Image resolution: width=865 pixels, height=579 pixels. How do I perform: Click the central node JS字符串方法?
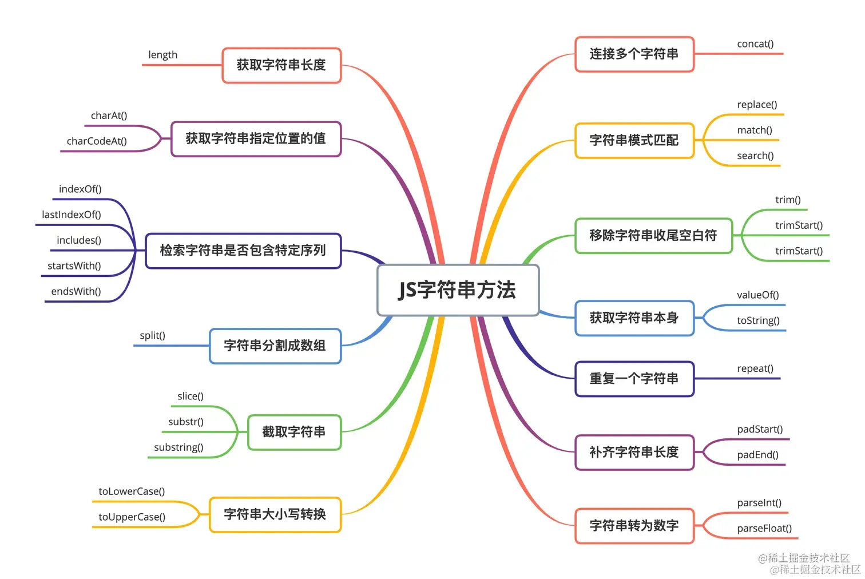[x=458, y=290]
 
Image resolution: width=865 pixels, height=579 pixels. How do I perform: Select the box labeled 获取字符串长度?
[x=281, y=65]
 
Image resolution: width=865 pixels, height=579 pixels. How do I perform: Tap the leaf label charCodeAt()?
[x=97, y=141]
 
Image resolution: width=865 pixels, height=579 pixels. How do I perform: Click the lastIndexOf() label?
[x=72, y=215]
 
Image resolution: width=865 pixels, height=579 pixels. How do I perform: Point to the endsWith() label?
[x=76, y=291]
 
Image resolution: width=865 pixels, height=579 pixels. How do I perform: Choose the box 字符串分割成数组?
[x=275, y=346]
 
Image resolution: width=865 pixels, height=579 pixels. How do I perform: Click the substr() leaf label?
[x=186, y=422]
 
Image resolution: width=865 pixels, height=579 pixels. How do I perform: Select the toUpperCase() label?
[x=132, y=517]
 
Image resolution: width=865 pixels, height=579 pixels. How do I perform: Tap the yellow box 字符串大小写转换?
[x=275, y=514]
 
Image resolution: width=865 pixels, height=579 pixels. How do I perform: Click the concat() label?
[x=755, y=44]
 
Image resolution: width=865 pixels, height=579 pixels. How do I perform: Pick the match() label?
[x=755, y=130]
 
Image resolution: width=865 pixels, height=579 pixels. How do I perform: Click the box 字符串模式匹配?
[x=634, y=140]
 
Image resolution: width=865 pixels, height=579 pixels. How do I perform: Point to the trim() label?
[x=788, y=200]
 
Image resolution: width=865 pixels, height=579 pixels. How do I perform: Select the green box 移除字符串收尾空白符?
[x=653, y=235]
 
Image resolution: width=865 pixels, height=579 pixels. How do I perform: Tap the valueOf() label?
[x=757, y=295]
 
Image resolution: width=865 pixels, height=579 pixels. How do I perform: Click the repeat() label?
[x=755, y=368]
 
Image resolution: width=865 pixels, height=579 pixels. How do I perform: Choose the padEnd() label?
[x=757, y=455]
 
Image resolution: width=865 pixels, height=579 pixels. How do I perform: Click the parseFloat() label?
[x=764, y=528]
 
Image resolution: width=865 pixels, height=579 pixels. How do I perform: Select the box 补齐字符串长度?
[x=634, y=453]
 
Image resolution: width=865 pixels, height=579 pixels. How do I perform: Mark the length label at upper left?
[x=162, y=55]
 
